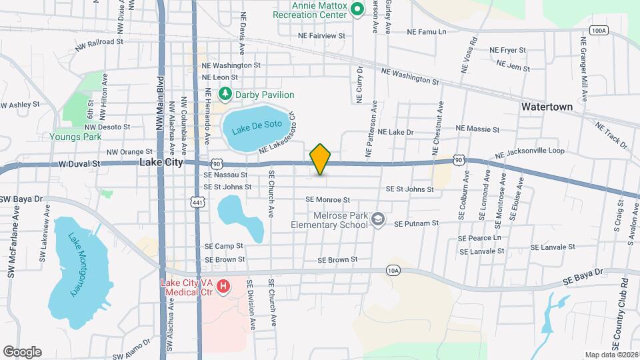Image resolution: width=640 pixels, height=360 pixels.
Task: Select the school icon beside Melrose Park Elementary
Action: click(x=378, y=219)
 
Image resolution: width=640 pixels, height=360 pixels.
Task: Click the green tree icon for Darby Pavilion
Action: click(x=225, y=95)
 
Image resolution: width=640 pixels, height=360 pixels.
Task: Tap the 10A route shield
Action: click(x=393, y=270)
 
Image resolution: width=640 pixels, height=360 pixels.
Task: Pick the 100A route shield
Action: click(x=599, y=31)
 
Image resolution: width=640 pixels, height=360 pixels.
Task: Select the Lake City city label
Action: click(x=161, y=162)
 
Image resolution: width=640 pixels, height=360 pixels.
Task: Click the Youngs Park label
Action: click(x=75, y=137)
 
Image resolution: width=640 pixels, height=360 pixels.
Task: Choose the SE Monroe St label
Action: click(x=327, y=199)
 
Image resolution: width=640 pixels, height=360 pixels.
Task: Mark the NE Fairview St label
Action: click(x=321, y=35)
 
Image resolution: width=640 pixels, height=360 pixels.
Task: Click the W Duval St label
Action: click(x=79, y=163)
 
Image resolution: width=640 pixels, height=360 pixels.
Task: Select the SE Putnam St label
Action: click(x=416, y=223)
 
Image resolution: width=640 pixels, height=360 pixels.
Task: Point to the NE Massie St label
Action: click(x=477, y=128)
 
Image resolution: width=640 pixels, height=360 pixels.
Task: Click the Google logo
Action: click(x=22, y=351)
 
